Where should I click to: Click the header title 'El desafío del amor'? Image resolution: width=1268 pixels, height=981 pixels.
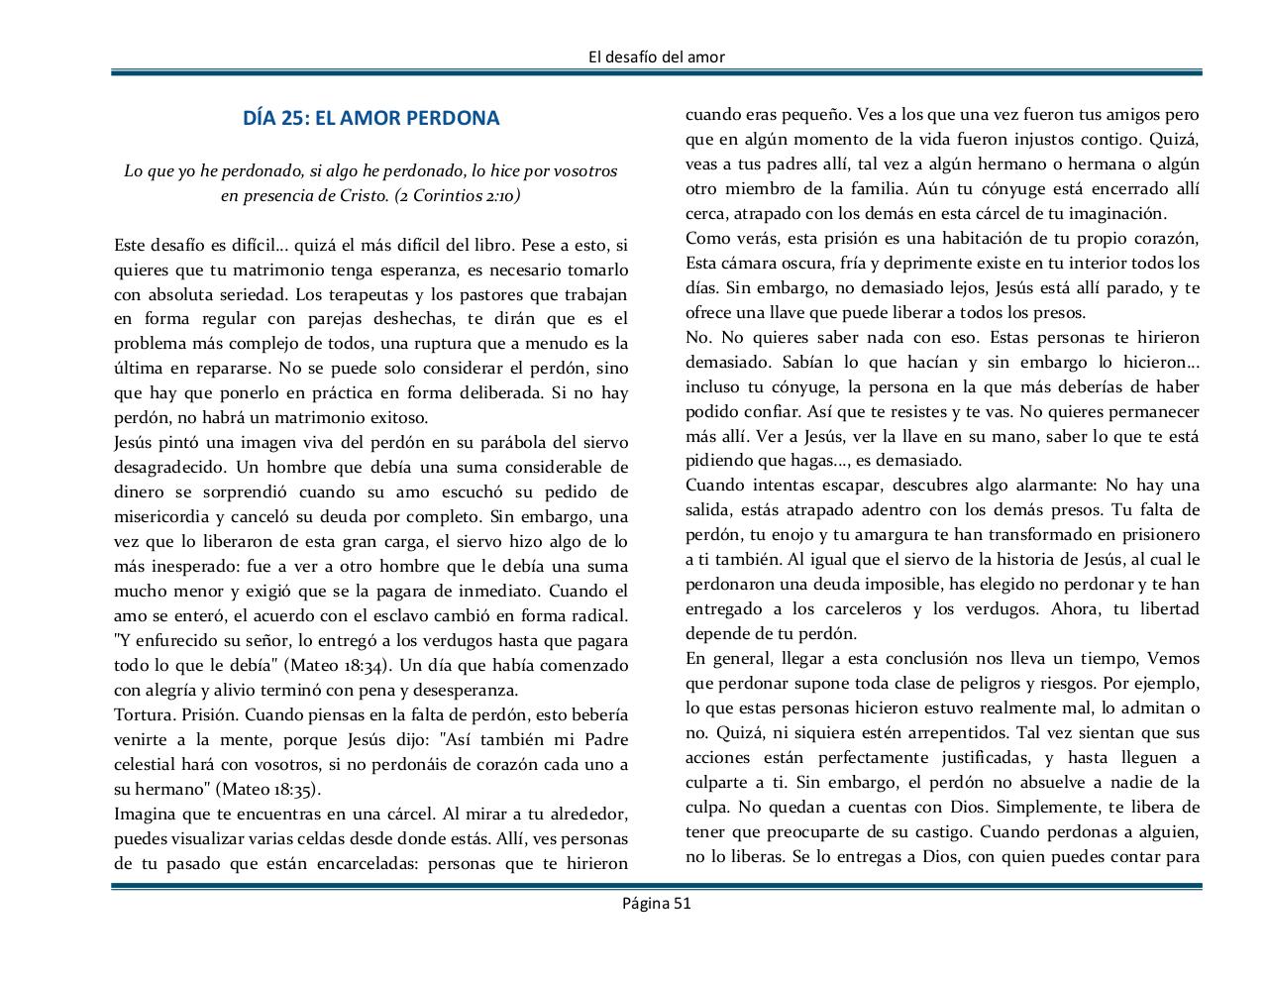tap(656, 56)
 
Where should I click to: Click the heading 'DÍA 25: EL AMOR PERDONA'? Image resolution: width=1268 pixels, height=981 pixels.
tap(371, 118)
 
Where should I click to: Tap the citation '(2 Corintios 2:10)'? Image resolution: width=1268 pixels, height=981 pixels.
tap(457, 196)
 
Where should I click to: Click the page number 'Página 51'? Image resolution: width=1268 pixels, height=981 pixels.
tap(656, 903)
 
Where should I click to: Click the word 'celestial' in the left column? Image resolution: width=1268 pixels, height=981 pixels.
tap(146, 765)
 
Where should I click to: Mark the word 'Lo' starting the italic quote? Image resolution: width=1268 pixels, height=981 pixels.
tap(133, 171)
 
